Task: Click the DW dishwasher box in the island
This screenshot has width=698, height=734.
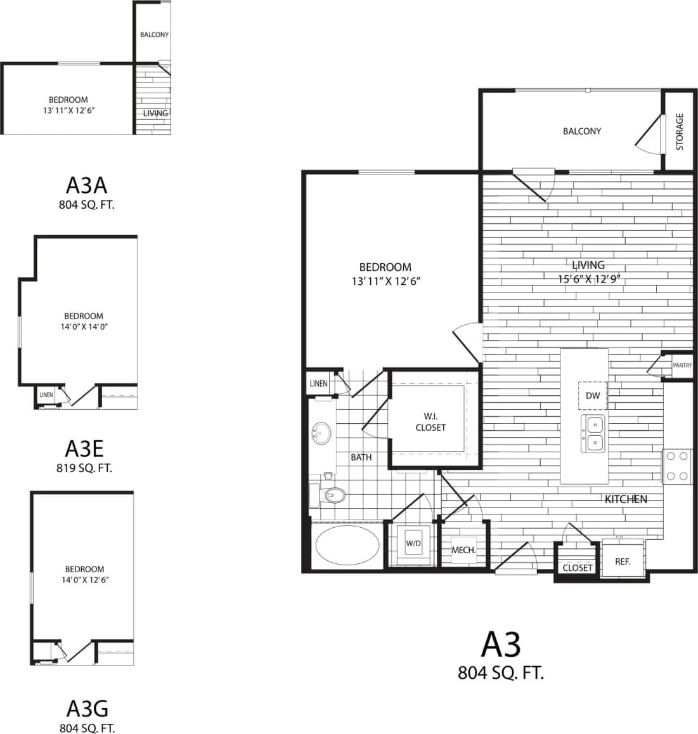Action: tap(593, 396)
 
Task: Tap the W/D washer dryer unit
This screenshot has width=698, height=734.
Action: tap(413, 544)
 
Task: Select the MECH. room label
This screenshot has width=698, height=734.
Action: tap(463, 550)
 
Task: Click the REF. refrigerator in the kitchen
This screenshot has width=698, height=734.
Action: tap(622, 561)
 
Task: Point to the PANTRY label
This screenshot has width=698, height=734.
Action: tap(682, 365)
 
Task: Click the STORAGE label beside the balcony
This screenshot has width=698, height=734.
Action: tap(680, 131)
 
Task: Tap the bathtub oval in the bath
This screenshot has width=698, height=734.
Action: tap(347, 545)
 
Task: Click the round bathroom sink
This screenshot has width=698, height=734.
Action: tap(322, 435)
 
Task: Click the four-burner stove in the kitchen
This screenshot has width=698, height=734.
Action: tap(676, 466)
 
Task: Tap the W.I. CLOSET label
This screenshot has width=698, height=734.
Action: tap(430, 422)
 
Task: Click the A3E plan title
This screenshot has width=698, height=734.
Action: tap(84, 449)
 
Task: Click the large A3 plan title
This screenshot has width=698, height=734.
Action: tap(501, 645)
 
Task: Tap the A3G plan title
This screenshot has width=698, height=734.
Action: tap(86, 708)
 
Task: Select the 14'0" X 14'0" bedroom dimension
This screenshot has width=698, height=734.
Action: tap(84, 327)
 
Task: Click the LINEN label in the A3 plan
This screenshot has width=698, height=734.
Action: tap(318, 384)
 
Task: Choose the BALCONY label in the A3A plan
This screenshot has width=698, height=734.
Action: tap(154, 34)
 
